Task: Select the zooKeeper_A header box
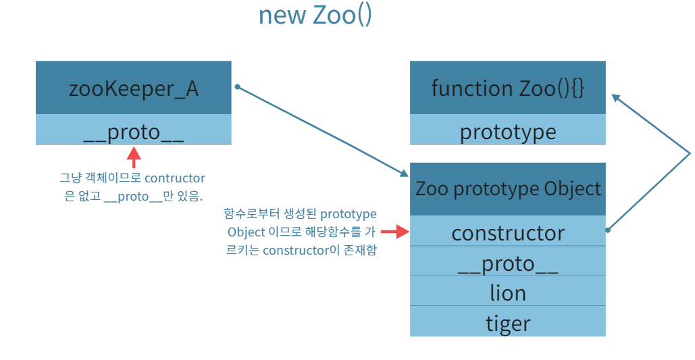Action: [134, 88]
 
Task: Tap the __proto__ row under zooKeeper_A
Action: [134, 130]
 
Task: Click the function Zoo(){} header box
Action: [507, 88]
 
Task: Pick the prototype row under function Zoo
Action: [507, 131]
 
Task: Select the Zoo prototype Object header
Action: [507, 188]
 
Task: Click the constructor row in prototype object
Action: [507, 232]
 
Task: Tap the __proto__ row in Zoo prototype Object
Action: [507, 263]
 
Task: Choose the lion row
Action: [507, 292]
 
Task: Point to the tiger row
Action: [507, 322]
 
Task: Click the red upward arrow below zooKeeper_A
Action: [134, 158]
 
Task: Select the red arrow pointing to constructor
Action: [396, 232]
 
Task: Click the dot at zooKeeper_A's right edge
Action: [237, 86]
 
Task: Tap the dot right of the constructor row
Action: [609, 230]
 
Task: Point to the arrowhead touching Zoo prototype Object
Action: [403, 173]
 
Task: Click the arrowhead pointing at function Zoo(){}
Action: [616, 97]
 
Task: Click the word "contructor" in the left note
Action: [174, 178]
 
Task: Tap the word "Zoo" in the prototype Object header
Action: [431, 188]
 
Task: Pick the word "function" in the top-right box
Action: [463, 88]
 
